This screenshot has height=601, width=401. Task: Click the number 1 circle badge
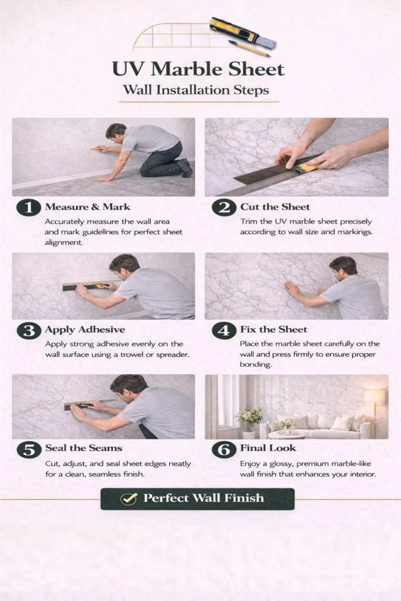[x=28, y=207]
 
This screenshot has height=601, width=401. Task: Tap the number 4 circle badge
[x=224, y=330]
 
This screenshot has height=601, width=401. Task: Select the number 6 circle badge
[x=224, y=449]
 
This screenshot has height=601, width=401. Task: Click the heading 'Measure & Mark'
[x=87, y=207]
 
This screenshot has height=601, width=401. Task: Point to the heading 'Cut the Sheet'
[x=275, y=207]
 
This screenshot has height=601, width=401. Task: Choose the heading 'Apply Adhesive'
[x=85, y=330]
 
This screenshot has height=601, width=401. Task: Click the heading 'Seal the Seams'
[x=83, y=448]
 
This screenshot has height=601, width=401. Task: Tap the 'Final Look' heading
[x=268, y=448]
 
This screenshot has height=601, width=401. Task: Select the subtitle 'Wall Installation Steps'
[x=196, y=90]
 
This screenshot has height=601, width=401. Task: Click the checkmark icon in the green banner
[x=129, y=499]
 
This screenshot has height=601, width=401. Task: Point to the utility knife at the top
[x=243, y=33]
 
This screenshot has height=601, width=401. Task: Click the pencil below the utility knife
[x=249, y=48]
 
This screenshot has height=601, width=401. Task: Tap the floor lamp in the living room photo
[x=375, y=410]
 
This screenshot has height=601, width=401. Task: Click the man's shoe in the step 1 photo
[x=186, y=168]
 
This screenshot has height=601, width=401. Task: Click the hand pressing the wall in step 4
[x=292, y=288]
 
